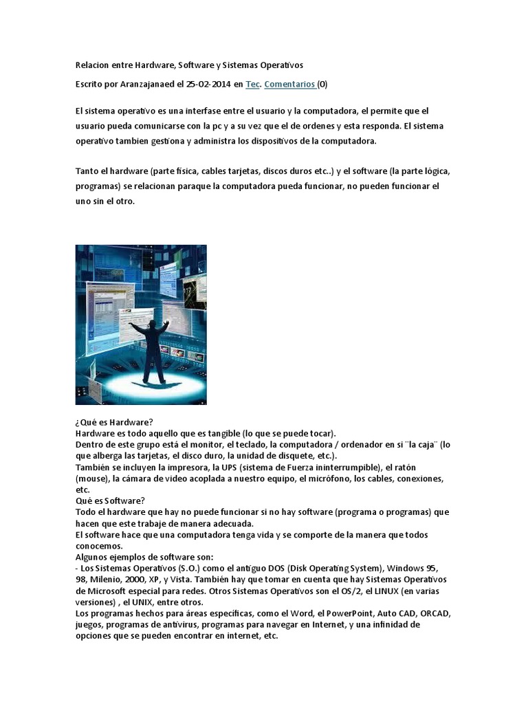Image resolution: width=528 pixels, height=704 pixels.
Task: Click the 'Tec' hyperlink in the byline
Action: pyautogui.click(x=252, y=84)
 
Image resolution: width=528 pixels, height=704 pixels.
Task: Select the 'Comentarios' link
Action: pyautogui.click(x=289, y=84)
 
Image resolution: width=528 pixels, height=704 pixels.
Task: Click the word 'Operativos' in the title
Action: pyautogui.click(x=278, y=65)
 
